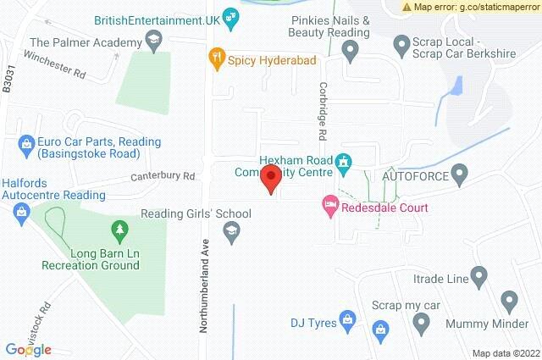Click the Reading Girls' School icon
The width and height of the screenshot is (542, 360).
(230, 230)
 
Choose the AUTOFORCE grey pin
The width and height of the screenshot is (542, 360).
(460, 176)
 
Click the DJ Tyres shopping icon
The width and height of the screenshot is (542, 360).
(346, 319)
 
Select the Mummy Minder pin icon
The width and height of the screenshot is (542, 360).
(509, 300)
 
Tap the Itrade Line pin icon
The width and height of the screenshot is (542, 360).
(478, 276)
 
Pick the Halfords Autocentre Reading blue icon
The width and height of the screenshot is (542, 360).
(23, 214)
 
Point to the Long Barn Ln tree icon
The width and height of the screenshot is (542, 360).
(119, 229)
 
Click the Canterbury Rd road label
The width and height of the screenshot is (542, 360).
(163, 176)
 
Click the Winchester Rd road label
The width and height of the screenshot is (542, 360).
(55, 64)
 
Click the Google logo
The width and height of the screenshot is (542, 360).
(28, 349)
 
